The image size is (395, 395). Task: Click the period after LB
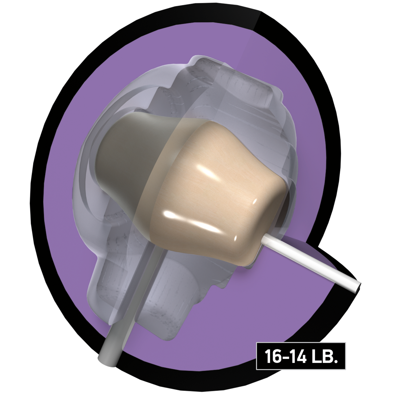336,361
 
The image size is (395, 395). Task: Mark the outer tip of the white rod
359,287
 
